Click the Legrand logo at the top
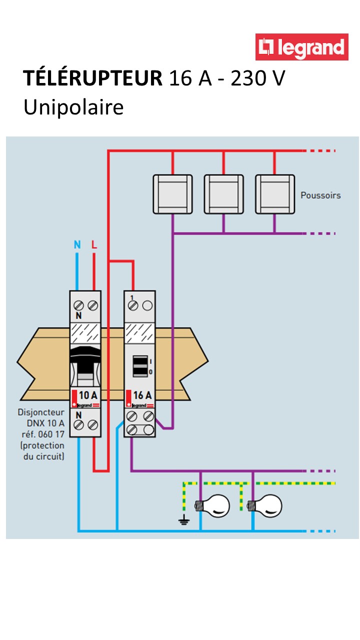[301, 47]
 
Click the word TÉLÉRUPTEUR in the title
[92, 79]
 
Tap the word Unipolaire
[73, 107]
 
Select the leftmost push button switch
[172, 194]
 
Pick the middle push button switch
[223, 194]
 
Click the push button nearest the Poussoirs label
[274, 194]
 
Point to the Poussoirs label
[320, 195]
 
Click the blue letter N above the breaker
[77, 244]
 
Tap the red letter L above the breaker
[94, 244]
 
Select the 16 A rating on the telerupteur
[142, 394]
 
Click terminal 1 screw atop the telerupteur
[132, 305]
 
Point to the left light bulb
[215, 506]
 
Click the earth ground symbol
[184, 520]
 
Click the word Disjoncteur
[41, 413]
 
